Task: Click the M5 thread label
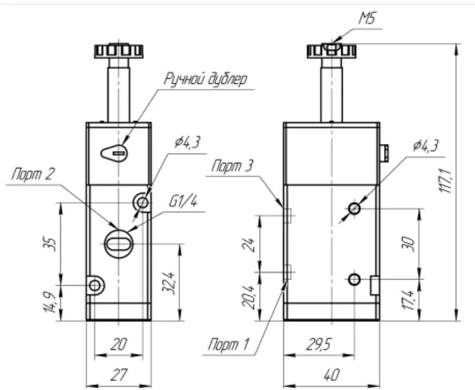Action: [x=369, y=20]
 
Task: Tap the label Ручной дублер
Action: [x=205, y=79]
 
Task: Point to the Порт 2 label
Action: [x=32, y=174]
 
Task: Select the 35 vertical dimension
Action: [x=52, y=243]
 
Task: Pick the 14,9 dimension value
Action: [x=52, y=301]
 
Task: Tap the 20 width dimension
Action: [x=118, y=345]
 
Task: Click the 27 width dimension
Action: [x=118, y=374]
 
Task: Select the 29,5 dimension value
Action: [x=317, y=345]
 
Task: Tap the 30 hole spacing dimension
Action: [x=407, y=243]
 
